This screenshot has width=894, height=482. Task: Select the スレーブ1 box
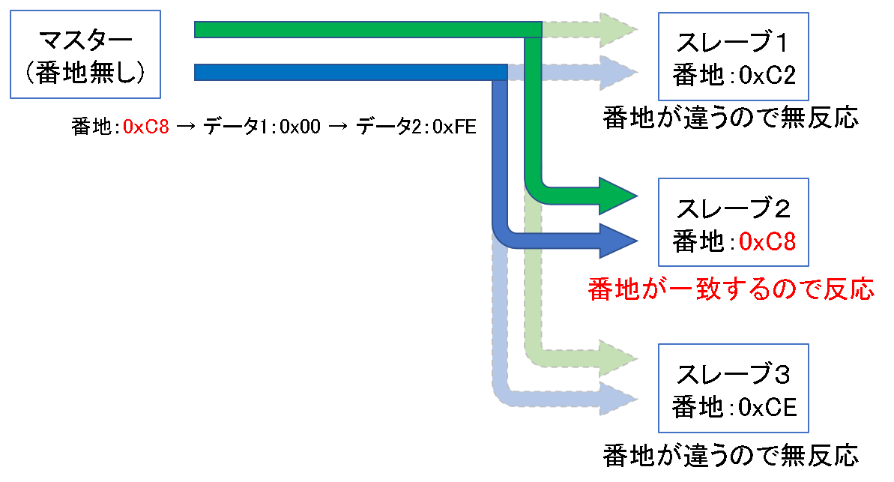(x=733, y=56)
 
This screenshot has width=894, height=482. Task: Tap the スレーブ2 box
(x=733, y=223)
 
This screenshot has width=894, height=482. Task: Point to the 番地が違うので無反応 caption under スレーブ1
(x=731, y=119)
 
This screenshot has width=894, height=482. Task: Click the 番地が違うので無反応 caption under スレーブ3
(x=731, y=455)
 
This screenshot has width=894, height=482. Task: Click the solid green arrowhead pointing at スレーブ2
(x=617, y=196)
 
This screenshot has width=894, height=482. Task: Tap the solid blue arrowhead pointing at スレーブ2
(x=617, y=240)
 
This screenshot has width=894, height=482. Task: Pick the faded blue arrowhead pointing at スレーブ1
(x=619, y=72)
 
